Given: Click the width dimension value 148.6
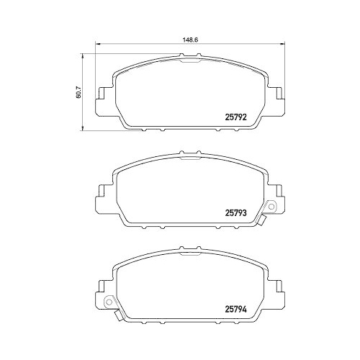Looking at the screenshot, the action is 190,40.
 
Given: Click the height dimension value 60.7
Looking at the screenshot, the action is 78,93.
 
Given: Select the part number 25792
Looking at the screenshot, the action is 235,117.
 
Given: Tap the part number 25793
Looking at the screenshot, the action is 235,212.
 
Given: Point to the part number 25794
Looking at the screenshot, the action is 235,310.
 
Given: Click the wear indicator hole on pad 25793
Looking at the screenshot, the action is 271,206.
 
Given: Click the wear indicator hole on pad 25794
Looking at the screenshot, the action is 109,302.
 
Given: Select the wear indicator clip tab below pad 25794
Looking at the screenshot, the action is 119,315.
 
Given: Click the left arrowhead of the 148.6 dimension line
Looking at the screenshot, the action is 98,44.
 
